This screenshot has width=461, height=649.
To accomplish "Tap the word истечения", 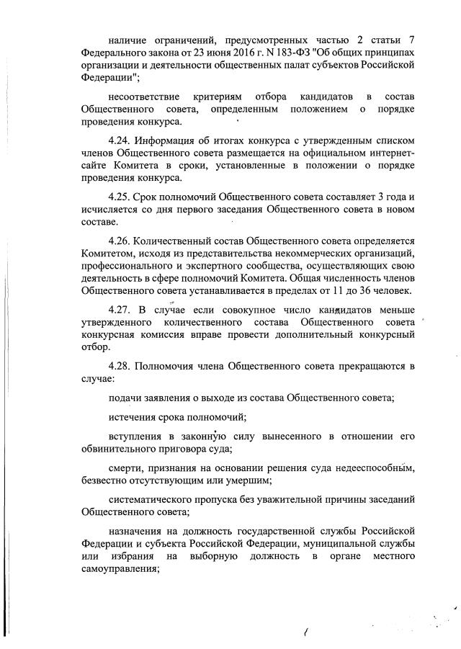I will click(133, 416).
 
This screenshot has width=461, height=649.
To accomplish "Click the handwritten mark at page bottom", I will click(307, 633).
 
